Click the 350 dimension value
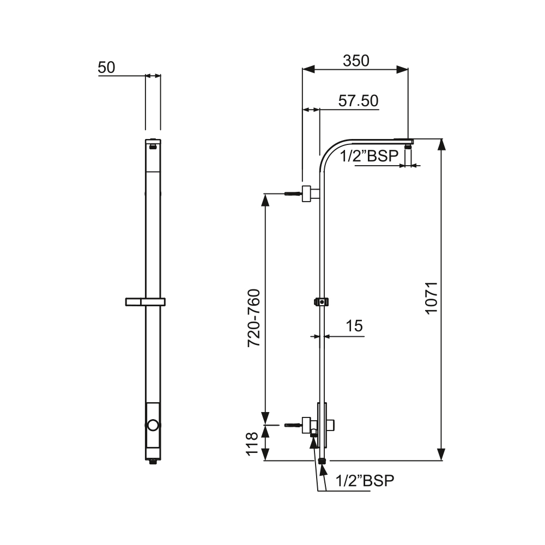[x=356, y=61]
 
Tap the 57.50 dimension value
[x=358, y=101]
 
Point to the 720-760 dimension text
[x=254, y=318]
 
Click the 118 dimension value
[x=252, y=443]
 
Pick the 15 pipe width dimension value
[x=354, y=326]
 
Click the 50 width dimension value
[x=106, y=68]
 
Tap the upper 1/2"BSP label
[x=369, y=156]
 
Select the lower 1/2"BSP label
[x=365, y=481]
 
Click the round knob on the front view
[x=153, y=425]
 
